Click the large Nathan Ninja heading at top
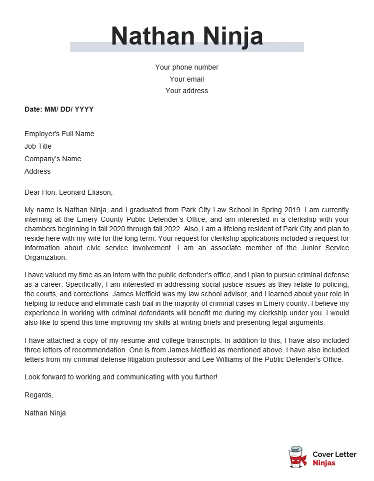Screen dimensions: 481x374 (187, 36)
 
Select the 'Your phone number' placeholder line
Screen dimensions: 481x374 (186, 67)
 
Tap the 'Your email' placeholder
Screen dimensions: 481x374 (186, 79)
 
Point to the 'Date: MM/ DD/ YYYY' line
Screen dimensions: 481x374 (59, 109)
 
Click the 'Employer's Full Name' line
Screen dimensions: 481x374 (59, 134)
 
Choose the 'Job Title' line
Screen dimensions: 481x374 (38, 146)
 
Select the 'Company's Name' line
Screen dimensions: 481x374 (52, 159)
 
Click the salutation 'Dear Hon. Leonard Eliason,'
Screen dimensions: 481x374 (68, 192)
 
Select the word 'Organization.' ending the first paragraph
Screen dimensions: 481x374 (45, 257)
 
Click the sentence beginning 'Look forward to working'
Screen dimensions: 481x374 (121, 376)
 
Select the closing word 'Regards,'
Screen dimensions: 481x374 (38, 395)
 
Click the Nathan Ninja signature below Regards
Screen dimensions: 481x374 (45, 413)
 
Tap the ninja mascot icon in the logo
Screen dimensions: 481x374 (298, 457)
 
